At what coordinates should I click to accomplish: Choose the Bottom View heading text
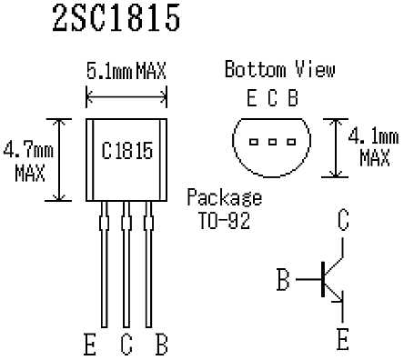pyautogui.click(x=279, y=69)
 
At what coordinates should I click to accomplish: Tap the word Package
pyautogui.click(x=225, y=198)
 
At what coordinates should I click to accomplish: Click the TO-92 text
pyautogui.click(x=225, y=219)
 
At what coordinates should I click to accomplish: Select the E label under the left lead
pyautogui.click(x=90, y=345)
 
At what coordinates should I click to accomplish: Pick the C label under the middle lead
pyautogui.click(x=126, y=345)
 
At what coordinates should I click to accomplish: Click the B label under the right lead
pyautogui.click(x=161, y=345)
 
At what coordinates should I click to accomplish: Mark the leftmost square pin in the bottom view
pyautogui.click(x=254, y=141)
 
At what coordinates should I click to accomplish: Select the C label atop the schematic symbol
pyautogui.click(x=342, y=221)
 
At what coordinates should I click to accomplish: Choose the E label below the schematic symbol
pyautogui.click(x=343, y=340)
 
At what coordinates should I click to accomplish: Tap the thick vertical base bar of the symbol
pyautogui.click(x=324, y=279)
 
